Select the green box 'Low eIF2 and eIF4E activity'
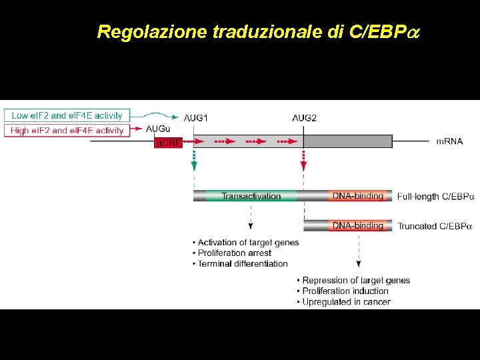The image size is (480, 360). click(x=67, y=115)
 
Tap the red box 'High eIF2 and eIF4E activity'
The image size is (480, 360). click(x=67, y=131)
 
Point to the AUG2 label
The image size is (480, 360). click(x=304, y=118)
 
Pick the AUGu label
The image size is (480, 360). click(x=158, y=129)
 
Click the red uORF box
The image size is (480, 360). click(x=168, y=142)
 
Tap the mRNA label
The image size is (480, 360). click(x=449, y=141)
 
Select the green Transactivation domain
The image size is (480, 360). click(x=251, y=196)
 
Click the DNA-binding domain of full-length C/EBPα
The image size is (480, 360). click(x=358, y=196)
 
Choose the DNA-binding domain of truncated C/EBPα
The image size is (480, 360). click(x=358, y=226)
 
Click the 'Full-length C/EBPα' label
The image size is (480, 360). click(x=435, y=197)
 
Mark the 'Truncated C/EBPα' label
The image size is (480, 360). click(x=434, y=227)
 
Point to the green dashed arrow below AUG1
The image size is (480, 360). click(x=194, y=160)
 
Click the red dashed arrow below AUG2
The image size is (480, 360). click(x=304, y=160)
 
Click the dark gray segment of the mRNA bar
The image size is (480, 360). click(x=347, y=141)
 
